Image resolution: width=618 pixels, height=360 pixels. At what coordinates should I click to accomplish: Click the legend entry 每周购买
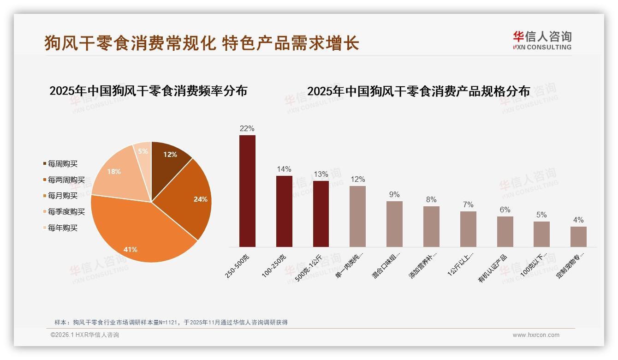coord(63,164)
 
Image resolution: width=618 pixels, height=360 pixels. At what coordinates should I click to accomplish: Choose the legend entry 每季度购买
coord(66,212)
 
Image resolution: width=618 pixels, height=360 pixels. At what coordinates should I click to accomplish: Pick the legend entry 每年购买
coord(63,228)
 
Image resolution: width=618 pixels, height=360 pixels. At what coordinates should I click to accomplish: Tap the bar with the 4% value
coord(578,236)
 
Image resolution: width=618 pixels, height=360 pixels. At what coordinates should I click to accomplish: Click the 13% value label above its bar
coord(321,174)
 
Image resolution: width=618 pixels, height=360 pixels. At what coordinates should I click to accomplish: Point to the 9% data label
coord(394,195)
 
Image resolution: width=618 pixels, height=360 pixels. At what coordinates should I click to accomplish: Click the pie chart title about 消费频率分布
coord(148,91)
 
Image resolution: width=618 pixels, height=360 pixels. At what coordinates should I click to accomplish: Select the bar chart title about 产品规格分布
coord(418,91)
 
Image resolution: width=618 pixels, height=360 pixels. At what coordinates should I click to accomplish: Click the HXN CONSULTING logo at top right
coord(542,40)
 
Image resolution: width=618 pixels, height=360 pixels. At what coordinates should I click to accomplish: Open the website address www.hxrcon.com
coord(536,335)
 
